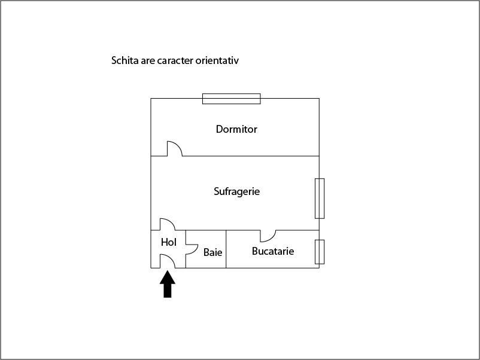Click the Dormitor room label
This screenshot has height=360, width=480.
click(236, 129)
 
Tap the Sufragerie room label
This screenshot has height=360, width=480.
click(236, 191)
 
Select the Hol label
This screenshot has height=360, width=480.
click(169, 242)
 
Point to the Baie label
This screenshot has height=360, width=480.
click(212, 252)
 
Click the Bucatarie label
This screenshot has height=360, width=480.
click(273, 251)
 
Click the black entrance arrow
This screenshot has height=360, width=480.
click(168, 284)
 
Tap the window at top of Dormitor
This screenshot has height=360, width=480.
click(232, 99)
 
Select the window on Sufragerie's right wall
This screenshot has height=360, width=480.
click(320, 199)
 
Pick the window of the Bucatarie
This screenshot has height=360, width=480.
click(320, 252)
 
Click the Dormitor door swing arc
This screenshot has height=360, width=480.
click(178, 145)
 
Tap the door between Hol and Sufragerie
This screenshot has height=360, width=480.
click(171, 221)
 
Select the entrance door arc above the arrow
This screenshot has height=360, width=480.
click(171, 258)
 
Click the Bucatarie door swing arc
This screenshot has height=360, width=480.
click(272, 238)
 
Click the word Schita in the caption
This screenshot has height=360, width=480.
click(125, 60)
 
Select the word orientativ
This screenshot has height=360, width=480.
click(217, 60)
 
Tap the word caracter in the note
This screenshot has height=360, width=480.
click(175, 60)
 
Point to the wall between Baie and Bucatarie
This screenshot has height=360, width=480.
click(226, 249)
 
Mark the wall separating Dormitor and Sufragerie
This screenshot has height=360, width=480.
click(251, 156)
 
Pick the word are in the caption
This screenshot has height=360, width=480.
click(148, 61)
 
